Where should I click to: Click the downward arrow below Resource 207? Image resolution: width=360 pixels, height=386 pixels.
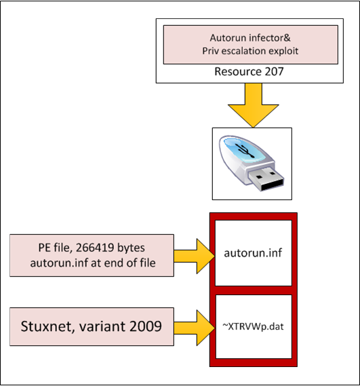click(253, 105)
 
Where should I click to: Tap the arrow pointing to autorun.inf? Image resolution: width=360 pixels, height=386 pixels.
click(194, 256)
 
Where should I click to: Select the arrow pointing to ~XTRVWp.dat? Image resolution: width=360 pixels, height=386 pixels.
click(194, 328)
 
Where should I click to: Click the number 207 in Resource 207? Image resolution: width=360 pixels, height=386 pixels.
click(274, 72)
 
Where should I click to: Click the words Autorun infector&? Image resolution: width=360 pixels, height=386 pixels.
click(250, 38)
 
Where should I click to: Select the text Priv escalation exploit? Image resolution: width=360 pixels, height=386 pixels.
click(250, 51)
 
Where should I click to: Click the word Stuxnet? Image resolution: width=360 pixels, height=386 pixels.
click(47, 326)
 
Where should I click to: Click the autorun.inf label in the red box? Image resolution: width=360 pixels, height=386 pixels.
click(253, 253)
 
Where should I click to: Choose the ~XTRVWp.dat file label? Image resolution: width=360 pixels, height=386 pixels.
click(253, 327)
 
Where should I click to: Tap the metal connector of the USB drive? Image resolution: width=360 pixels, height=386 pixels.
click(266, 178)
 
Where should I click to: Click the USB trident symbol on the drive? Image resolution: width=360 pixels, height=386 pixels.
click(245, 151)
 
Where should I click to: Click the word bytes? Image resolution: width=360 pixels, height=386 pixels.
click(131, 248)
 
